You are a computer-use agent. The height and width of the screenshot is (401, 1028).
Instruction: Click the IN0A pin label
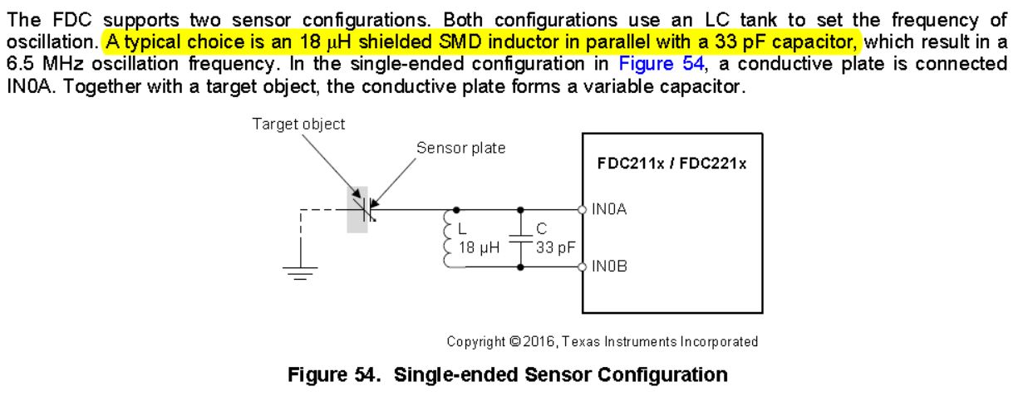(x=609, y=210)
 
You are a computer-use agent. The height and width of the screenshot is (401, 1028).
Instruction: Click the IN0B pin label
(x=609, y=267)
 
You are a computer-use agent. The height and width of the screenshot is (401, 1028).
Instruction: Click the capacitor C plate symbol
(x=521, y=237)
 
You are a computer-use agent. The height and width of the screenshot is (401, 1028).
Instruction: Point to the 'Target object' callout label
(x=298, y=124)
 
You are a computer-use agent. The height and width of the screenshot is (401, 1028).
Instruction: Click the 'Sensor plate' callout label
(x=460, y=148)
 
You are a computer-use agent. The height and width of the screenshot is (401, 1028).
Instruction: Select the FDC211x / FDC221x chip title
(x=671, y=164)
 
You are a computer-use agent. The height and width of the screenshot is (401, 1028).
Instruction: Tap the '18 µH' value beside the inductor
(x=478, y=247)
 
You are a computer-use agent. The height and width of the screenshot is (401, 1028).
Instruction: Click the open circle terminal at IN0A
(x=583, y=209)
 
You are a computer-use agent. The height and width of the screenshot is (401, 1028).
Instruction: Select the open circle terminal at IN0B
(x=583, y=267)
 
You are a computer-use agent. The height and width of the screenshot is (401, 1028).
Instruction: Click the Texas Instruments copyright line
(x=602, y=341)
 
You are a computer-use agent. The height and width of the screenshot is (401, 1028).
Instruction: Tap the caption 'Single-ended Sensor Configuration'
(x=560, y=374)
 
